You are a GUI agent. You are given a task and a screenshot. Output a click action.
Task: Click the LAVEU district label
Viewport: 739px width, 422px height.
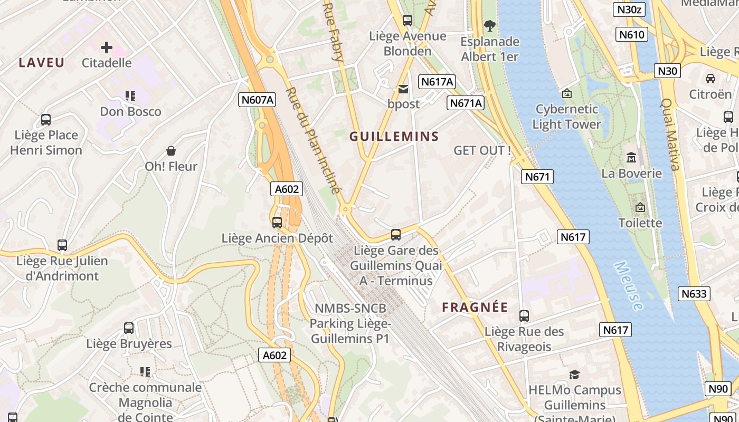click(42, 63)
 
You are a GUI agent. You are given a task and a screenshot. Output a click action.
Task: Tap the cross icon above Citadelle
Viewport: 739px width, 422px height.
click(107, 47)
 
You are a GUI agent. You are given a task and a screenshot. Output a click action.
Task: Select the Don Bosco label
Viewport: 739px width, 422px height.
click(130, 111)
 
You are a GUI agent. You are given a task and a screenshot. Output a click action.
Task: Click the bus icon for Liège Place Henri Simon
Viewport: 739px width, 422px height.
click(46, 120)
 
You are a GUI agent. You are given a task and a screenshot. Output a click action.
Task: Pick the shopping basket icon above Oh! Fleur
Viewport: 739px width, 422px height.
click(171, 151)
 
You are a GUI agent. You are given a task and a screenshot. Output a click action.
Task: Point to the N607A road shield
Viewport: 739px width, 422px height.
click(257, 100)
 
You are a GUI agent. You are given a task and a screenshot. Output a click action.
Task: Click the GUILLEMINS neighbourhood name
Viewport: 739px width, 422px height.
click(394, 137)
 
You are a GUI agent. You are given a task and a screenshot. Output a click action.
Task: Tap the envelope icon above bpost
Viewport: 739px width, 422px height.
click(403, 89)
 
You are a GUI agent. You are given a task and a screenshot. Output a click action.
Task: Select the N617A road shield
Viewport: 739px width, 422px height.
click(437, 82)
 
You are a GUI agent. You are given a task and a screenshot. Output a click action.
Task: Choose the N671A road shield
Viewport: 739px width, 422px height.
click(466, 103)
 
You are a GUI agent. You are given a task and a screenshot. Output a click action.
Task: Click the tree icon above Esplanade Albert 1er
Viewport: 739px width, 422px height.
click(490, 25)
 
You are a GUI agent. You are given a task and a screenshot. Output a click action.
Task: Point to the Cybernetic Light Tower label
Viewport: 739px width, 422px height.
click(566, 117)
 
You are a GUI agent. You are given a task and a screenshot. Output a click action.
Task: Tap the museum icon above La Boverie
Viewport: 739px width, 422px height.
click(631, 158)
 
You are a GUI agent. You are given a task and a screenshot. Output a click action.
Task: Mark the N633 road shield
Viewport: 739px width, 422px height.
click(694, 294)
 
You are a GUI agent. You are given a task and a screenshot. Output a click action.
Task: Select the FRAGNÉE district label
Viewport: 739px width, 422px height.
click(475, 308)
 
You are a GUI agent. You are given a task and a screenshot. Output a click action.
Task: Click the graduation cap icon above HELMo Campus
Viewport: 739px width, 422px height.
click(575, 375)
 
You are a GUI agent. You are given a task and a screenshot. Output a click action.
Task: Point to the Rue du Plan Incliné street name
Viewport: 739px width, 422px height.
click(315, 141)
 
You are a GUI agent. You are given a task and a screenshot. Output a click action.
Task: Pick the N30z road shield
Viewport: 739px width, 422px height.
click(630, 9)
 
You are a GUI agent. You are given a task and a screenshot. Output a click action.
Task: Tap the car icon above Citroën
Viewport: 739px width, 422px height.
click(710, 79)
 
